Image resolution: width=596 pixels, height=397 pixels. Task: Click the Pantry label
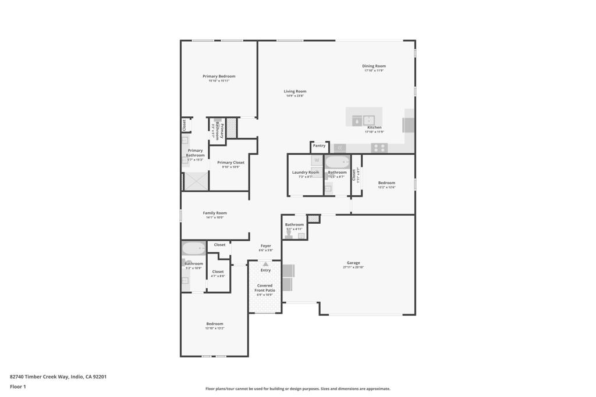click(319, 146)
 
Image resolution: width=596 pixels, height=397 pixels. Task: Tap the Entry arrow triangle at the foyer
click(265, 264)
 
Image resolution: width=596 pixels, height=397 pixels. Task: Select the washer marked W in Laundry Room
click(317, 160)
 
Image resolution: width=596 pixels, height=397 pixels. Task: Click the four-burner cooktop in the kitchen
click(379, 148)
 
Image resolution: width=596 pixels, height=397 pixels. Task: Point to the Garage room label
click(353, 263)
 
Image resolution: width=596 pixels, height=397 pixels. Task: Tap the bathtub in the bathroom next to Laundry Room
click(336, 162)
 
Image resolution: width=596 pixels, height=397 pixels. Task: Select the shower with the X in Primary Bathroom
click(196, 181)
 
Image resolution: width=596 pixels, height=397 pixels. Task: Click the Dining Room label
click(374, 66)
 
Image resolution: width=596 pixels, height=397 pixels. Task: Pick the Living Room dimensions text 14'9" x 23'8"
click(295, 96)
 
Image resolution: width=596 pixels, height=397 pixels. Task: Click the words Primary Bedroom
click(219, 76)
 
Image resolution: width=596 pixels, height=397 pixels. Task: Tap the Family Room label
click(214, 213)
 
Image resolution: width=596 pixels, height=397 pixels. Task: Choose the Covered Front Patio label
click(265, 288)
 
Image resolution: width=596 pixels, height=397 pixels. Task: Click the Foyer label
click(265, 246)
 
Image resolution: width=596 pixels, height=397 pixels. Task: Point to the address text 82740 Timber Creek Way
click(58, 377)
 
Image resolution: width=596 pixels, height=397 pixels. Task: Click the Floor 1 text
click(18, 387)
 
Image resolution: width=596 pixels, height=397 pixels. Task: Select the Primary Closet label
click(230, 163)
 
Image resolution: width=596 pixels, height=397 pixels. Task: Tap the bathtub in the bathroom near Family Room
click(193, 249)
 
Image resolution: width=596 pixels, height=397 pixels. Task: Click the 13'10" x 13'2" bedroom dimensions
click(214, 328)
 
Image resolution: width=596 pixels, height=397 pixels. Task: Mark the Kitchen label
click(374, 127)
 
